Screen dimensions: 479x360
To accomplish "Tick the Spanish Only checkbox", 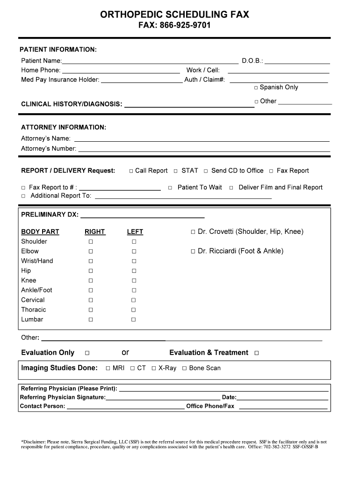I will pyautogui.click(x=256, y=87).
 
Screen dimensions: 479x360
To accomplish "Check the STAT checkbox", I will pyautogui.click(x=176, y=171).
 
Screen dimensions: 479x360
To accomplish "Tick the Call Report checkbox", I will pyautogui.click(x=131, y=171).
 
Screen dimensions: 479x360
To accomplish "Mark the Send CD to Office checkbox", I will pyautogui.click(x=205, y=171).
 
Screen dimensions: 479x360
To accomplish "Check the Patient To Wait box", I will pyautogui.click(x=170, y=188).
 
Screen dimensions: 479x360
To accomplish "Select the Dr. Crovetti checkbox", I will pyautogui.click(x=193, y=232).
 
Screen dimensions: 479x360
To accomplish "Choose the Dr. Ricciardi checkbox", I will pyautogui.click(x=193, y=252).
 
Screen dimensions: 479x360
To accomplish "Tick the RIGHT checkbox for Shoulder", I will pyautogui.click(x=91, y=242).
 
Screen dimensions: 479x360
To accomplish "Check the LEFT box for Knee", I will pyautogui.click(x=134, y=281).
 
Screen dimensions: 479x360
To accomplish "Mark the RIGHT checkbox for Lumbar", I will pyautogui.click(x=91, y=319).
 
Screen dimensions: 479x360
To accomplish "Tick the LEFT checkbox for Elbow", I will pyautogui.click(x=134, y=252).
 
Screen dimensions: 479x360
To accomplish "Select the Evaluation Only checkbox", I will pyautogui.click(x=87, y=353).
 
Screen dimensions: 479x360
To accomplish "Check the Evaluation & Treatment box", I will pyautogui.click(x=256, y=353).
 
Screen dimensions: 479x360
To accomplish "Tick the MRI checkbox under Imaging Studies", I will pyautogui.click(x=108, y=369).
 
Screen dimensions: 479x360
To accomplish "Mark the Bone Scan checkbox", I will pyautogui.click(x=184, y=369).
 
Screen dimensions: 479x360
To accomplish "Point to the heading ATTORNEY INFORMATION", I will pyautogui.click(x=64, y=127).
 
